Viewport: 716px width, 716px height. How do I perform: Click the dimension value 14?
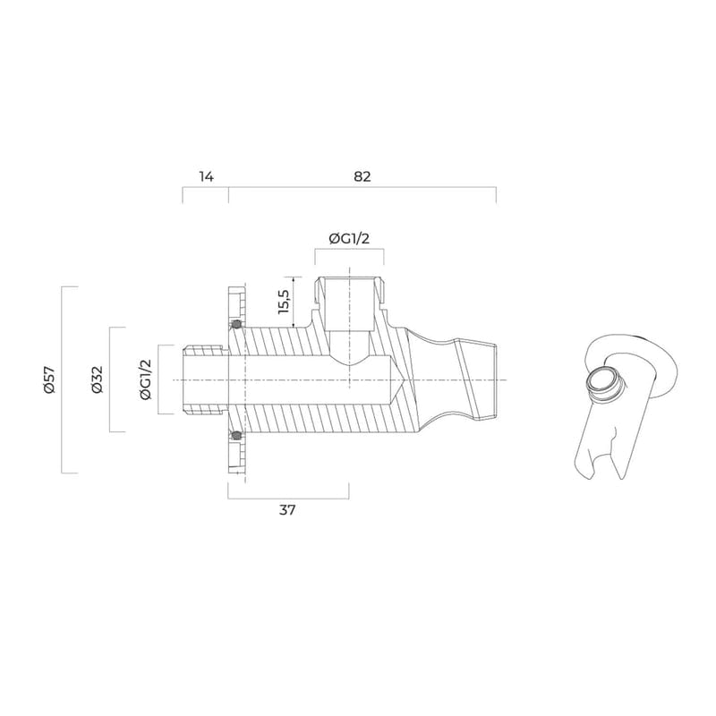206,176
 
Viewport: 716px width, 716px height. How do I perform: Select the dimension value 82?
362,176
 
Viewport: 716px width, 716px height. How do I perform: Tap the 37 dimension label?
287,509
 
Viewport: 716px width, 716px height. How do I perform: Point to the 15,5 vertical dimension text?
284,302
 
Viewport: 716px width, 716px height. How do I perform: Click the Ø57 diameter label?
49,379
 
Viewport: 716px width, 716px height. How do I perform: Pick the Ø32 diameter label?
97,379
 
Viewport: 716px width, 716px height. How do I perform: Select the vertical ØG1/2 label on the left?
145,379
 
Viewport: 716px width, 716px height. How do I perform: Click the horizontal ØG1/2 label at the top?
349,238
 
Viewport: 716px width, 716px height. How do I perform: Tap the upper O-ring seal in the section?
236,325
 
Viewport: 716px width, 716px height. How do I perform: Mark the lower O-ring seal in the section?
236,435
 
